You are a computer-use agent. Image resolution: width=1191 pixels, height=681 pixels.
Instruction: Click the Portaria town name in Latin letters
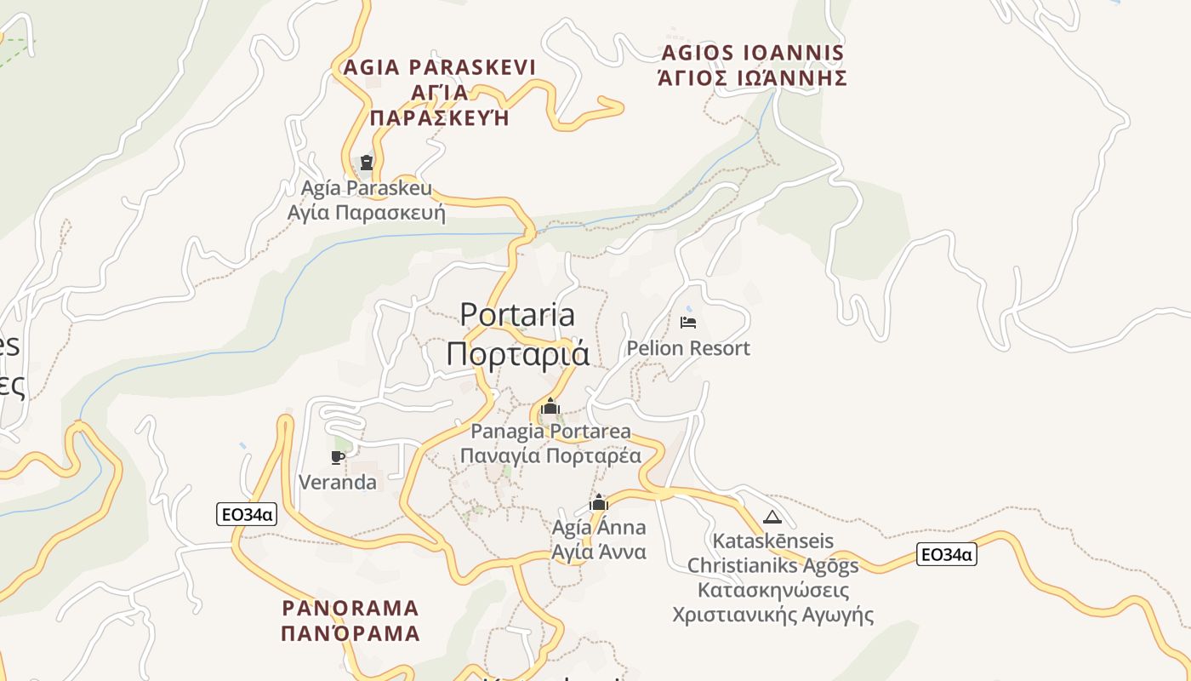[x=517, y=315]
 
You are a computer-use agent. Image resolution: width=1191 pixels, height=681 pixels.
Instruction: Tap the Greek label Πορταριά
[x=517, y=353]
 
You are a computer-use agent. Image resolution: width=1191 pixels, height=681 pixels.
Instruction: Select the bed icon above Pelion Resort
[x=688, y=322]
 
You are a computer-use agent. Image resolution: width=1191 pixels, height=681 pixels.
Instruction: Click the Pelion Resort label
[x=688, y=348]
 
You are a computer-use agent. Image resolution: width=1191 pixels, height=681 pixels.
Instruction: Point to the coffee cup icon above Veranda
[x=338, y=457]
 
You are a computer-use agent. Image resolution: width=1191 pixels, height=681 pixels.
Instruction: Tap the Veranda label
[x=338, y=483]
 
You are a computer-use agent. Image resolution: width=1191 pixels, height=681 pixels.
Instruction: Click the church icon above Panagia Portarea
[x=550, y=406]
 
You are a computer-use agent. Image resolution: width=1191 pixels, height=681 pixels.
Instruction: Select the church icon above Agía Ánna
[x=599, y=502]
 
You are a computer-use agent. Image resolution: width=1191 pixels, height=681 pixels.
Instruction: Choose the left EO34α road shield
[x=247, y=513]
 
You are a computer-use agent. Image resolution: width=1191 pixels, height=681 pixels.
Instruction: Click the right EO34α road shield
[x=946, y=555]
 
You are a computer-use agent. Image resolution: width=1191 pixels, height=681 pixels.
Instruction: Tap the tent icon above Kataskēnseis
[x=772, y=517]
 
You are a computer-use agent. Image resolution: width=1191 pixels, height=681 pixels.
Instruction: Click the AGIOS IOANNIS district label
[x=753, y=53]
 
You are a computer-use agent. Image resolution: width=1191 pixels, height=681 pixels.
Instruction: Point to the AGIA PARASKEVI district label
[x=439, y=67]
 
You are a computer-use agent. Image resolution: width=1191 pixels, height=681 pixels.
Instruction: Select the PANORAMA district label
[x=350, y=608]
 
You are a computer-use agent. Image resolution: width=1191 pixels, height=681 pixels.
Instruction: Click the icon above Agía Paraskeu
[x=367, y=162]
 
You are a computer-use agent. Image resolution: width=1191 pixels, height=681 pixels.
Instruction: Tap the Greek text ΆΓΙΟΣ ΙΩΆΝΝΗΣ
[x=753, y=78]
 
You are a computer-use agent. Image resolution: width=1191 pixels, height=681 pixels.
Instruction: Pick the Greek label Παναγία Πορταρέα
[x=550, y=455]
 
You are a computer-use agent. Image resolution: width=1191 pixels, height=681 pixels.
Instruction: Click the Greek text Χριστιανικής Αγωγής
[x=772, y=615]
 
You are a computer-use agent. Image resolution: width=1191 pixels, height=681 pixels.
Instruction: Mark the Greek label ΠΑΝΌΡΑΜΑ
[x=350, y=633]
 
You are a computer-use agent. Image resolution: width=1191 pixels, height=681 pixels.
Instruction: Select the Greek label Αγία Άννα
[x=599, y=552]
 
